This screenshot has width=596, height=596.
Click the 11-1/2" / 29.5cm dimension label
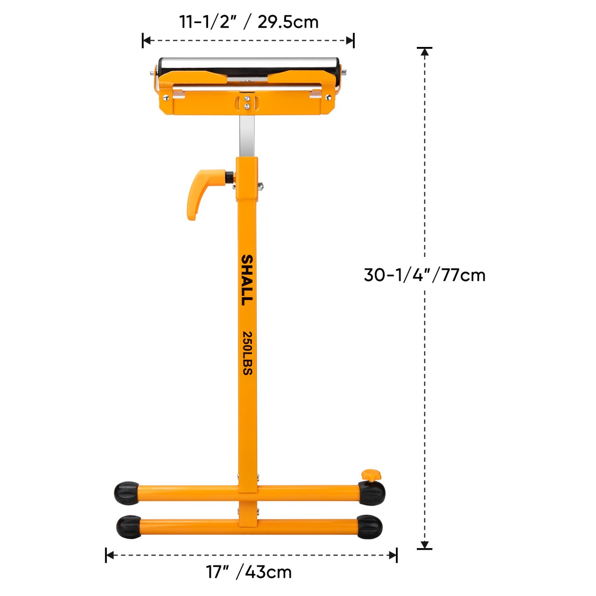click(x=249, y=22)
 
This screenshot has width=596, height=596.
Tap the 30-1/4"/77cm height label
click(x=425, y=275)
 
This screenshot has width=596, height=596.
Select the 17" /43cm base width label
click(x=249, y=572)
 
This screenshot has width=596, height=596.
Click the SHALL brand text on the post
click(x=247, y=280)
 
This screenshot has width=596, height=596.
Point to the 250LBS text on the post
click(x=247, y=353)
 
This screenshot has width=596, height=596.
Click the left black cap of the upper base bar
click(x=126, y=493)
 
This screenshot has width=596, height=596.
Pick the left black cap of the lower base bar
click(x=129, y=527)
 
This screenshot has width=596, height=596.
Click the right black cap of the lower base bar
click(x=370, y=527)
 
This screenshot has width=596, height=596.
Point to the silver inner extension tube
click(x=247, y=136)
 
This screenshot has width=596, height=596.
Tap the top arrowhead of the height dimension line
click(x=425, y=52)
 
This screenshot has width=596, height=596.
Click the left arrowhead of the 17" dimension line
click(x=110, y=555)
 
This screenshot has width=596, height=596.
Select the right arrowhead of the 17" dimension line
click(x=393, y=555)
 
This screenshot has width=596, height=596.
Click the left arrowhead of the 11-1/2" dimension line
click(x=146, y=40)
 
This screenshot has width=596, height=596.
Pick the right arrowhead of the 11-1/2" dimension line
click(x=350, y=40)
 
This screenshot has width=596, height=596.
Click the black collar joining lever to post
click(x=229, y=177)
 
